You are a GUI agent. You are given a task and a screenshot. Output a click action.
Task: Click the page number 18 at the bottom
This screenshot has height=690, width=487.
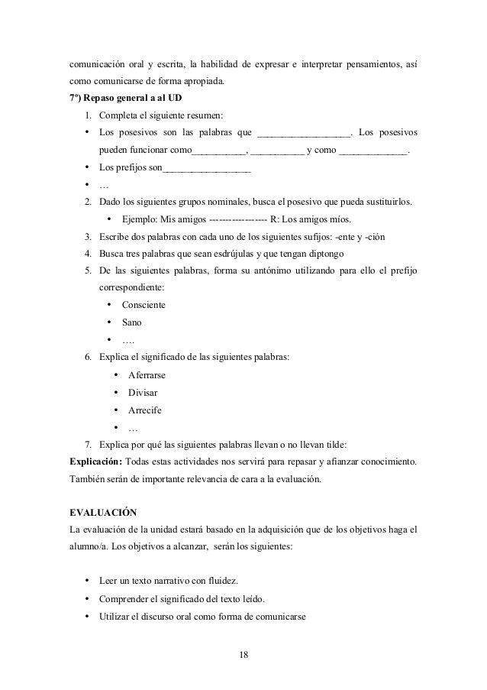click(x=243, y=655)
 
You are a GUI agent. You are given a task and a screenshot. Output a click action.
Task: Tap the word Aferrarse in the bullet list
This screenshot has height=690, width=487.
click(x=147, y=376)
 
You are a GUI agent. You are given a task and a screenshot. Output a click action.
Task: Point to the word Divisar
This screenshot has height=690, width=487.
click(x=143, y=393)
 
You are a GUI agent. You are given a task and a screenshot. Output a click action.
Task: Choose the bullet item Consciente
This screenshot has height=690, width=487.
click(x=144, y=305)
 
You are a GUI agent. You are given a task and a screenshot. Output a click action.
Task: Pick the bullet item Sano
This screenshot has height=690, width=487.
click(x=131, y=322)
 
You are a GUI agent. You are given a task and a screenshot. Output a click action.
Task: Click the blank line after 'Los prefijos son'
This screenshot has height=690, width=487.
click(x=207, y=168)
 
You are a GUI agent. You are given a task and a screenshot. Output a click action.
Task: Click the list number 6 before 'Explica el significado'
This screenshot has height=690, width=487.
click(x=88, y=358)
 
